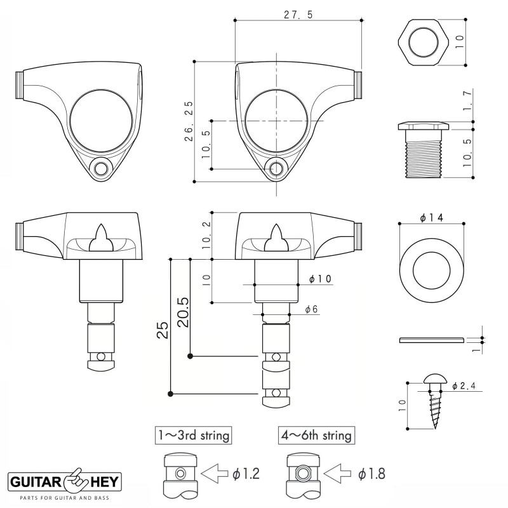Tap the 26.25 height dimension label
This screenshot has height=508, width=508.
coord(189,121)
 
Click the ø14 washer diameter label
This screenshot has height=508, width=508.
coord(431,217)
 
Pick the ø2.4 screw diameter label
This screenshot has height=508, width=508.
coord(464,385)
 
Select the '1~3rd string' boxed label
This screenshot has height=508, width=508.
coord(193,436)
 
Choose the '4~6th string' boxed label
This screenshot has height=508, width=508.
coord(316,436)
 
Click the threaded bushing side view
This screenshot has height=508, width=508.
coord(422,147)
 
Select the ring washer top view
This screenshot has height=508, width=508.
coord(431,264)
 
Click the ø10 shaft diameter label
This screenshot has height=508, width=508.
coord(319,279)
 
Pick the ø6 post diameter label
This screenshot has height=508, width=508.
coord(311,309)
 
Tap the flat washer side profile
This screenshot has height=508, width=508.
coord(431,340)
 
